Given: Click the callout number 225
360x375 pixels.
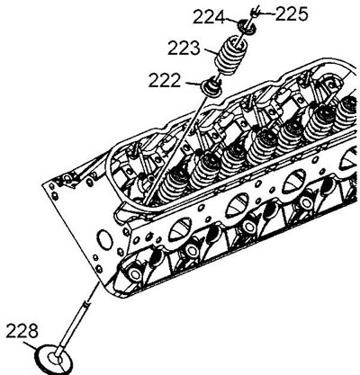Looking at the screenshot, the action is tap(292, 14).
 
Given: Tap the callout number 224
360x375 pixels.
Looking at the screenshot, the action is tap(209, 17).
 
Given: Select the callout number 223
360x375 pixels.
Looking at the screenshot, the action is tap(184, 49).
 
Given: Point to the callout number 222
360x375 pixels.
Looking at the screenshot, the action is tap(165, 80).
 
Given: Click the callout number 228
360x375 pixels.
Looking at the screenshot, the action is tap(22, 331).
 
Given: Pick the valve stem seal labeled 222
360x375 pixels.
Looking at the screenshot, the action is tap(211, 85).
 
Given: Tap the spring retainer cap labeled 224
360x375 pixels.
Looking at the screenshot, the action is tap(247, 25).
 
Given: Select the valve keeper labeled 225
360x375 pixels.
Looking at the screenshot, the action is tap(254, 13).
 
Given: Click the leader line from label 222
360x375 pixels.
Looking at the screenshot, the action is tap(192, 84).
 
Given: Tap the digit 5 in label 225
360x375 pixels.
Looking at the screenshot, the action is tap(302, 14).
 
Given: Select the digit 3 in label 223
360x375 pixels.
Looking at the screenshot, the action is tap(194, 49).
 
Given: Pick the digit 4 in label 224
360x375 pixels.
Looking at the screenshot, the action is tap(219, 17).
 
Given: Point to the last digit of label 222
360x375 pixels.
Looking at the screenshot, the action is tap(175, 80).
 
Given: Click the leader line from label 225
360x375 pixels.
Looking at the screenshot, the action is tap(266, 13).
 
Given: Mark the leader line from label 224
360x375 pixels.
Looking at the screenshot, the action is tap(231, 21).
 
